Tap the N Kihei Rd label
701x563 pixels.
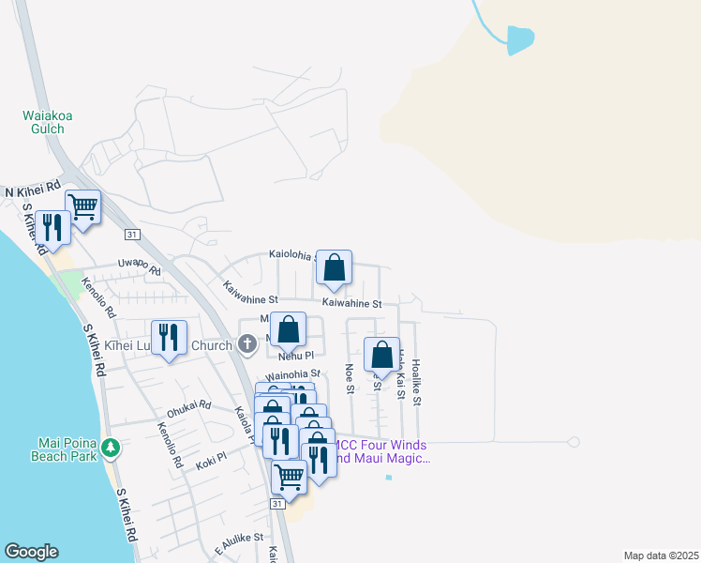(x=32, y=190)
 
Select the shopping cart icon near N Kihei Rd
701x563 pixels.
(x=83, y=206)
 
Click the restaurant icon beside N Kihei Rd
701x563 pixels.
(x=52, y=227)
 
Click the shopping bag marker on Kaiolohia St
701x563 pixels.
(x=334, y=268)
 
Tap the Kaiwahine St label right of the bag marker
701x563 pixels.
(x=352, y=303)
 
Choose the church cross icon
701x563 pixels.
(x=247, y=343)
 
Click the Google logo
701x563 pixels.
(x=30, y=552)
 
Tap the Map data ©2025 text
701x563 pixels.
(x=660, y=555)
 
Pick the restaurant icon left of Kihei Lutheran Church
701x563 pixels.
(x=169, y=339)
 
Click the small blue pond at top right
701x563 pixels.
(x=520, y=39)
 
